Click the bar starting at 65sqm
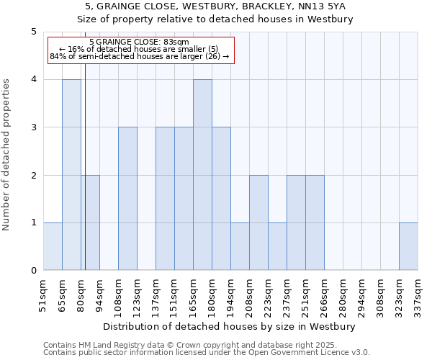tap(71, 175)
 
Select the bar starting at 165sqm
tap(202, 175)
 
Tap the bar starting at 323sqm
tap(408, 247)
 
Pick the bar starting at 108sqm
tap(127, 199)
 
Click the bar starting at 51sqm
tap(53, 247)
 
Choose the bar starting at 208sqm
tap(258, 223)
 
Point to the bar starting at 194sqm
tap(240, 247)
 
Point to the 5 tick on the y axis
tap(33, 32)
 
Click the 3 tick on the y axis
tap(33, 127)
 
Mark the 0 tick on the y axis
tap(33, 271)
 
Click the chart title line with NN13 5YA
tap(215, 6)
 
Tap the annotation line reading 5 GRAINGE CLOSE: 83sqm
tap(140, 42)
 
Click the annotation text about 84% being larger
tap(140, 56)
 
